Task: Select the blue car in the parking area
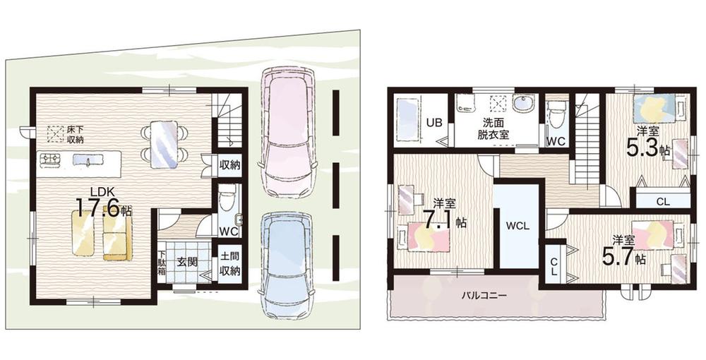286,265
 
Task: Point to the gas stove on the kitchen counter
50,160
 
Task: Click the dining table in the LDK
164,145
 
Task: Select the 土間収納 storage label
229,265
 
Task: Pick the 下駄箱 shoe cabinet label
162,265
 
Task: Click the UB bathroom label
434,122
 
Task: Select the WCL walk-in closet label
518,227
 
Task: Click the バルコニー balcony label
484,296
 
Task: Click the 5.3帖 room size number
642,148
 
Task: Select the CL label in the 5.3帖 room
663,202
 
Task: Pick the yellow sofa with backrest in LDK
117,232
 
